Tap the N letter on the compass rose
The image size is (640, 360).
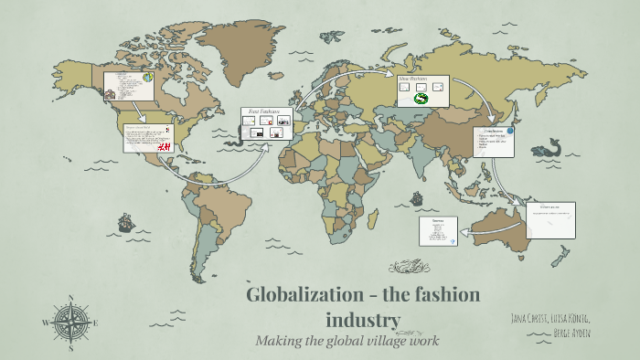69,298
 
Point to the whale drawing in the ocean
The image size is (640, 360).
551,146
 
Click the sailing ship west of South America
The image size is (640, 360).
124,221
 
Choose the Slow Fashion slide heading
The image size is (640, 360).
412,79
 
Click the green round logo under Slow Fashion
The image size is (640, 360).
422,99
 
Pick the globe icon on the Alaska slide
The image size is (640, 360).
145,79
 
